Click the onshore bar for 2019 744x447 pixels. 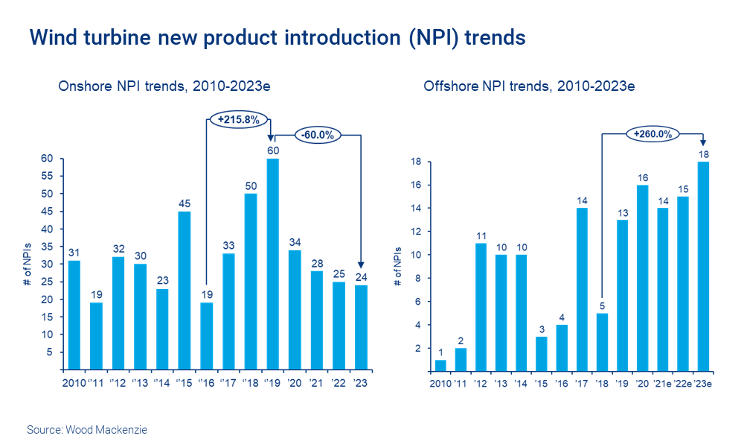[273, 264]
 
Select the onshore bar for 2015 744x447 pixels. [185, 290]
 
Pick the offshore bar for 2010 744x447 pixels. [440, 364]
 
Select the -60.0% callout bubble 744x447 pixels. [318, 135]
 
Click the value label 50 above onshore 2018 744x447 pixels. [251, 186]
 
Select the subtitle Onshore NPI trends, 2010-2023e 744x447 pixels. [164, 86]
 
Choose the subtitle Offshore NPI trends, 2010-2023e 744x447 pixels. [529, 86]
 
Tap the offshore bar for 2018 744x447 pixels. [601, 341]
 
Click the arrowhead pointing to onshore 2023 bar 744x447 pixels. [361, 264]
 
